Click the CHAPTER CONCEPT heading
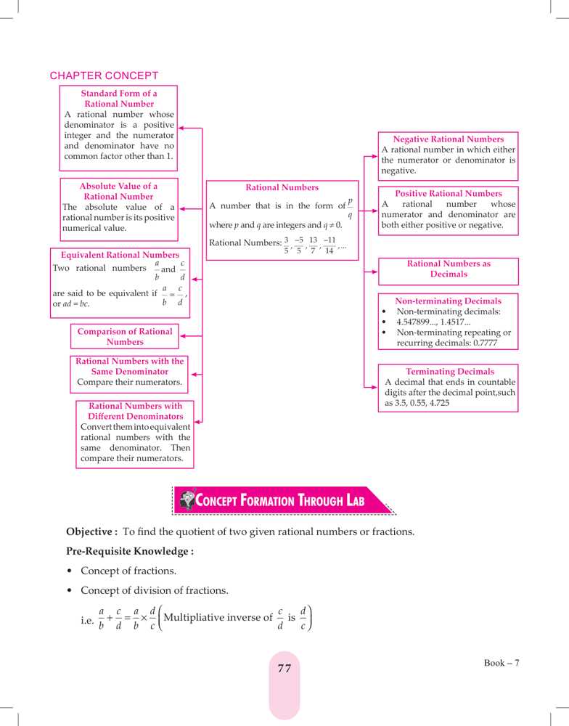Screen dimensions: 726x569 (104, 76)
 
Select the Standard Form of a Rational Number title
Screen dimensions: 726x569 (119, 99)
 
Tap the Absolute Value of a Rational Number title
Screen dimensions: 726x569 (118, 191)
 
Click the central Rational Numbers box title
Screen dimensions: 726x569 (282, 187)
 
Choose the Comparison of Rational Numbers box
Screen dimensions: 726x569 (125, 336)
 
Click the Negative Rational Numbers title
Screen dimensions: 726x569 (448, 139)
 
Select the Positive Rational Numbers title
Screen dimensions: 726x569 (448, 194)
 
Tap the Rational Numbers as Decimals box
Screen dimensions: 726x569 (449, 269)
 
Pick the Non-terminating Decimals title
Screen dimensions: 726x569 (448, 301)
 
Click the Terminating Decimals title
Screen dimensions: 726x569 (450, 371)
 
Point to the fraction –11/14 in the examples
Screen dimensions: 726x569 (329, 245)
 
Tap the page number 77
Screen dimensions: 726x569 (284, 669)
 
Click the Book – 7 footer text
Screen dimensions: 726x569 (502, 663)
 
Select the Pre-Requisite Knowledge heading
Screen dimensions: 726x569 (130, 551)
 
